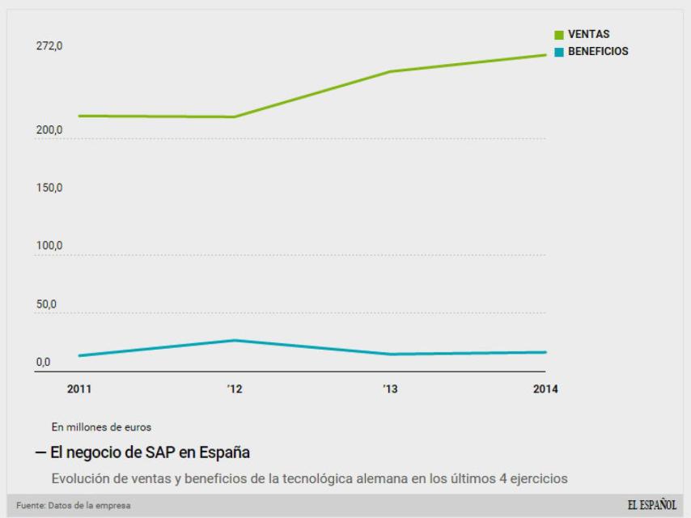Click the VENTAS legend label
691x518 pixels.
(x=588, y=35)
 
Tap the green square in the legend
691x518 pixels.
(x=559, y=35)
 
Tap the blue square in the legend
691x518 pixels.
(x=559, y=51)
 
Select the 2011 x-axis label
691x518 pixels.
(x=78, y=389)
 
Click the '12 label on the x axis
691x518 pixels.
(x=234, y=389)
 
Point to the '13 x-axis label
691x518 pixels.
(x=390, y=389)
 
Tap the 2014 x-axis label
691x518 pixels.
(x=545, y=389)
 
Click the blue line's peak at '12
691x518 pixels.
(x=235, y=340)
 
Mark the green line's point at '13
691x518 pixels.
(x=390, y=71)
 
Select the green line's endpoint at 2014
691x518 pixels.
(x=545, y=55)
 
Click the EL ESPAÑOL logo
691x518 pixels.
(x=652, y=505)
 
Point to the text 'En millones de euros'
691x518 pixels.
(x=101, y=426)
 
